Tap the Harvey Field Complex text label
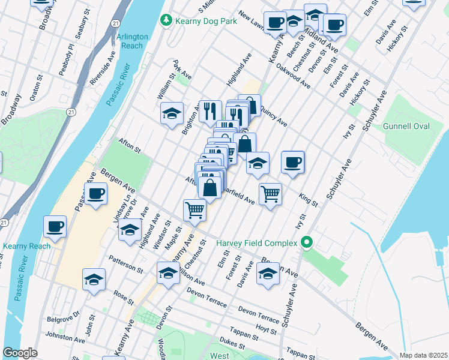pos(257,243)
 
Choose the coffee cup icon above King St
pos(292,162)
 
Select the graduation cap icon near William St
pos(172,113)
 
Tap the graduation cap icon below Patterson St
pos(94,280)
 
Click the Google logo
pos(20,353)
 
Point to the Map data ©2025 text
pos(423,355)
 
